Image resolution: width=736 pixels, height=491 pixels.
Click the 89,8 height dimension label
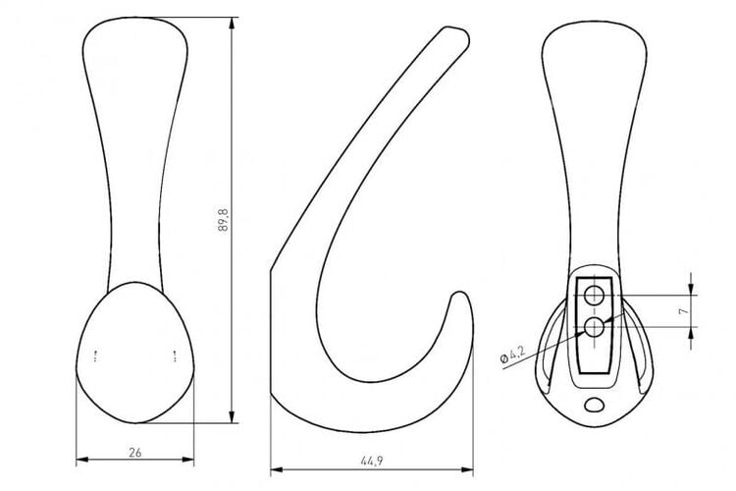[x=223, y=219]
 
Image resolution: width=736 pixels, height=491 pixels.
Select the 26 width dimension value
[x=135, y=453]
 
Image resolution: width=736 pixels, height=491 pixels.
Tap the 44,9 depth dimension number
[x=372, y=461]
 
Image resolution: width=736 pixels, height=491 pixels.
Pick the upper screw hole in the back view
[x=594, y=296]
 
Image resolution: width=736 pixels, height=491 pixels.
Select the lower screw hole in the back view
[x=594, y=327]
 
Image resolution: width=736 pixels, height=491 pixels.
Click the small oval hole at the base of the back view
[x=595, y=405]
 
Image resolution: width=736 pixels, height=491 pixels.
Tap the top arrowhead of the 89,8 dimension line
[x=232, y=24]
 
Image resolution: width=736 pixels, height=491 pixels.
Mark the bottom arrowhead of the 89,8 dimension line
[x=232, y=416]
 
